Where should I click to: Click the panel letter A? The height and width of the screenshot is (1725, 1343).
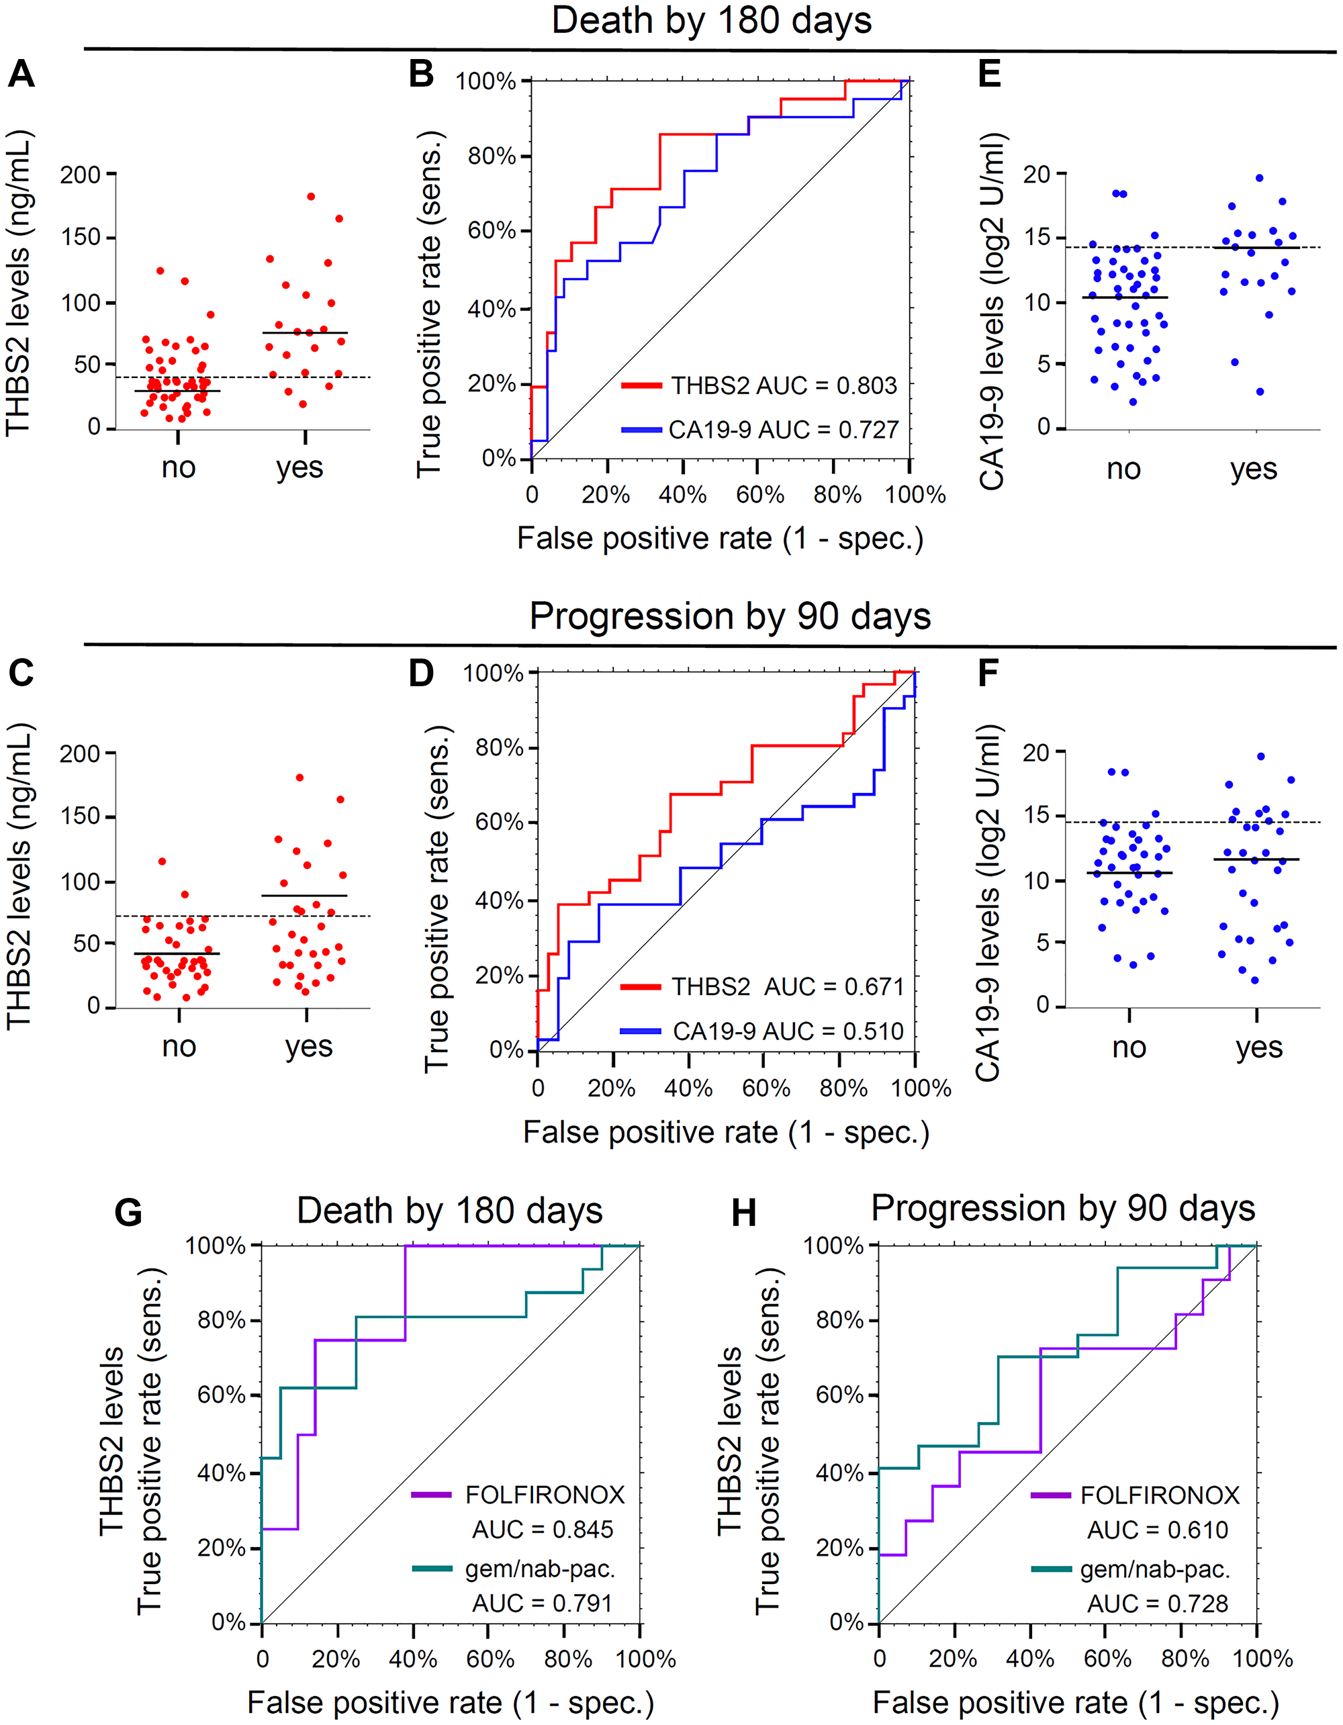[x=21, y=75]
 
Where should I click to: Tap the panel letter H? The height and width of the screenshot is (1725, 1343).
[x=743, y=1213]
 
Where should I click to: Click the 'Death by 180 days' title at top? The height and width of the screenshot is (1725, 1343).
[x=711, y=21]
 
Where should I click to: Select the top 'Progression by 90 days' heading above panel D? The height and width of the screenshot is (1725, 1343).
[x=729, y=616]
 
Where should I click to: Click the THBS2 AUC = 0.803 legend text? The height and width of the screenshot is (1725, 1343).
[x=784, y=385]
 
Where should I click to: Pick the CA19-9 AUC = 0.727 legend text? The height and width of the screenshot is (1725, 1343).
[x=783, y=430]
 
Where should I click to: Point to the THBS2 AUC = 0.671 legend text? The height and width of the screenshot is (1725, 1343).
[x=787, y=986]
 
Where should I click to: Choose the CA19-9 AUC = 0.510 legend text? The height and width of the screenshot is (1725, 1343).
[x=788, y=1031]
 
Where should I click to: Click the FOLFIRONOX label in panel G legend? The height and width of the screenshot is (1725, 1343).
[x=545, y=1495]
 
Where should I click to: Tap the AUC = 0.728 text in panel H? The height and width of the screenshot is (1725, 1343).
[x=1158, y=1603]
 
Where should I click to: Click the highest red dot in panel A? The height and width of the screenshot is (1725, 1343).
[x=312, y=197]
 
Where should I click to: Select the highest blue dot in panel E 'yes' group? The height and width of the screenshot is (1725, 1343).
[x=1259, y=179]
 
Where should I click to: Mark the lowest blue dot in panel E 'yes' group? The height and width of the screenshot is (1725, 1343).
[x=1260, y=391]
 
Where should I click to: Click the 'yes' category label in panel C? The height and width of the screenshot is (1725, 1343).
[x=309, y=1047]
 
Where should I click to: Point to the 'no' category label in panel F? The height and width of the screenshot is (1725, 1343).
[x=1129, y=1047]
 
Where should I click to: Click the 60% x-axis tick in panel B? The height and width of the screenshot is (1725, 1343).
[x=759, y=496]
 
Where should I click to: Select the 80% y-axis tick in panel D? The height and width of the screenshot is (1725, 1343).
[x=500, y=747]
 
